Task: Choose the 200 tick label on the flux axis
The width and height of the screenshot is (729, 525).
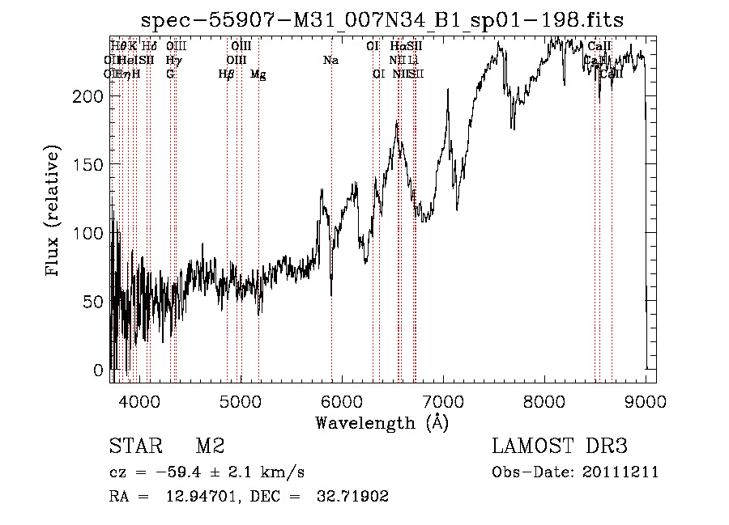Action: click(x=87, y=96)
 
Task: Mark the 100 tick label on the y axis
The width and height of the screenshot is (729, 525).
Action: click(x=87, y=233)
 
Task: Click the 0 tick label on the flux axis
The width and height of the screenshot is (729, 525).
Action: click(x=98, y=370)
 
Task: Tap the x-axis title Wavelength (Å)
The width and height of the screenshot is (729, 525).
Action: click(x=382, y=422)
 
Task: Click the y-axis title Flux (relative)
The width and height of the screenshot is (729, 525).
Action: click(x=53, y=212)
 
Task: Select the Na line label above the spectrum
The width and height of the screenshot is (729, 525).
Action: click(x=330, y=60)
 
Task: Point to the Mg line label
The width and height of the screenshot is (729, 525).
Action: click(x=258, y=74)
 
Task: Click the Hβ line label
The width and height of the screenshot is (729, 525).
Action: click(x=226, y=74)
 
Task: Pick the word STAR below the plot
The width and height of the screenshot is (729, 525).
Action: click(x=134, y=447)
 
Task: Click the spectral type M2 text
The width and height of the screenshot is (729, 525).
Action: click(x=210, y=447)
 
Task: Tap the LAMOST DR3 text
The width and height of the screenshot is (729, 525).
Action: click(x=560, y=447)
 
